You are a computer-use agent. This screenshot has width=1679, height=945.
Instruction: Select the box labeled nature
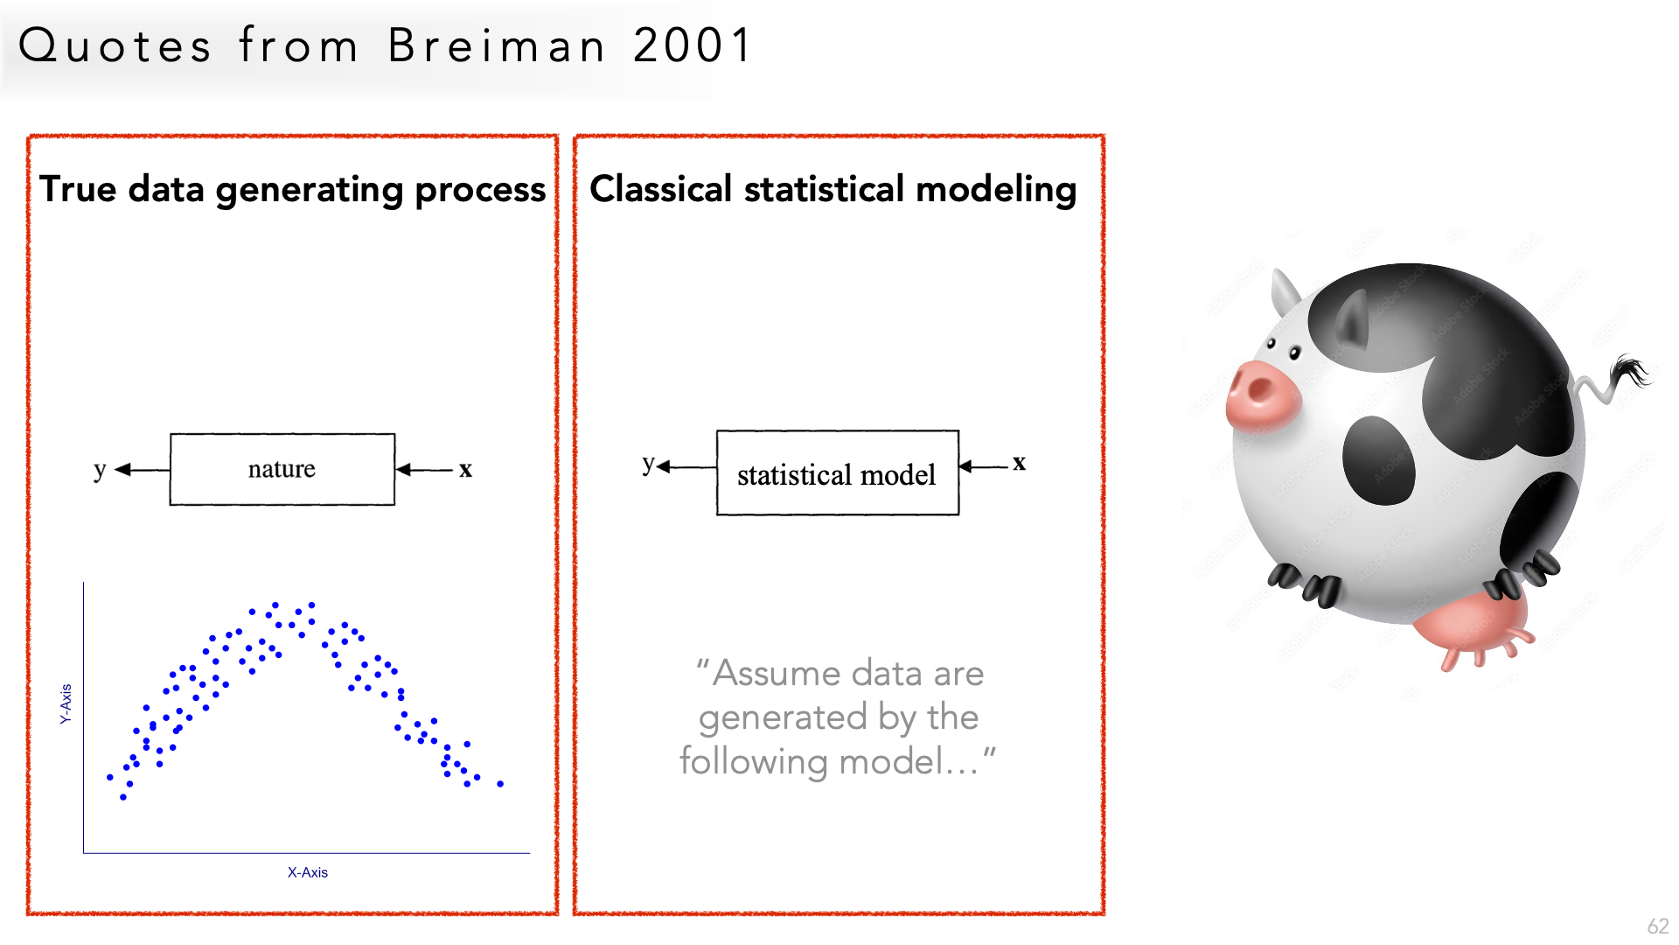(282, 469)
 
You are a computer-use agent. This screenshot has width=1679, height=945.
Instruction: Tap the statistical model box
(838, 472)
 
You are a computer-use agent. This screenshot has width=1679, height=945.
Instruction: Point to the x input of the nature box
(465, 470)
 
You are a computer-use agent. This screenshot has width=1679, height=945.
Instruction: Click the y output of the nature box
(100, 471)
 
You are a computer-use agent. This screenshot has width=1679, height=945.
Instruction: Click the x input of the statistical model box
(1019, 463)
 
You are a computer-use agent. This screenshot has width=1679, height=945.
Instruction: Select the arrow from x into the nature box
(424, 470)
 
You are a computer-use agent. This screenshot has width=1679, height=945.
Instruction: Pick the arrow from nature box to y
(142, 470)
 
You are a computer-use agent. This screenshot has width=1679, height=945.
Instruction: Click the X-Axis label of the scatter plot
(308, 872)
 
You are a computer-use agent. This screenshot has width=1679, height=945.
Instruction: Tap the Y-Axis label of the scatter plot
(66, 703)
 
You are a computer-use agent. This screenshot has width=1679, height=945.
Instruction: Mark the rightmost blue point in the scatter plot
(500, 784)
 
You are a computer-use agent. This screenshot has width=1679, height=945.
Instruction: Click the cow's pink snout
(1262, 394)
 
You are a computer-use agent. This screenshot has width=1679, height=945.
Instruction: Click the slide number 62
(1658, 927)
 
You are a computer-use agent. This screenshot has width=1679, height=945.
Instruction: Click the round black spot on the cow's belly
(1379, 460)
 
